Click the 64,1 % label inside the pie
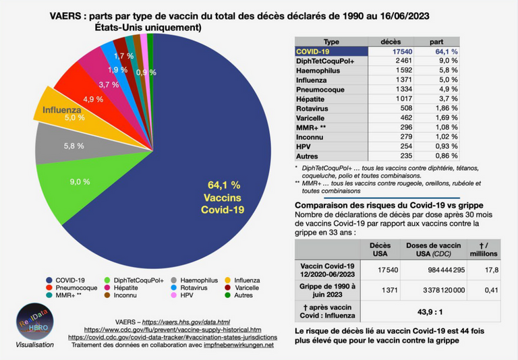coord(224,185)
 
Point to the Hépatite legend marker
coord(107,288)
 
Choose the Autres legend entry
coord(239,295)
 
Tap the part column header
coord(436,42)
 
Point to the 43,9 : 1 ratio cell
coord(430,311)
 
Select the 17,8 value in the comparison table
coord(492,270)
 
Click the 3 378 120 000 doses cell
coord(444,291)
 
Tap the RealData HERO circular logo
coord(34,322)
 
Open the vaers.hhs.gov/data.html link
coord(186,322)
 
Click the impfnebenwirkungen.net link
coord(239,345)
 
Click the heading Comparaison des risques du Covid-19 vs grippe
coord(389,206)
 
